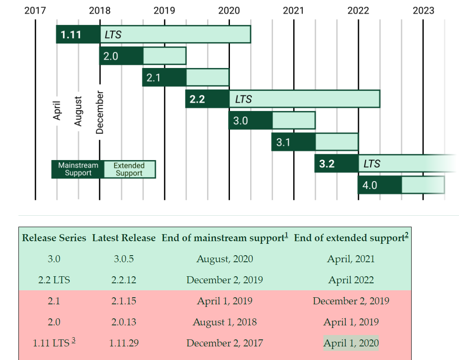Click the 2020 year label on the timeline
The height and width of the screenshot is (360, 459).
pyautogui.click(x=229, y=10)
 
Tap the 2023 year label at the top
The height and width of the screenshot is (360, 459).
pyautogui.click(x=423, y=10)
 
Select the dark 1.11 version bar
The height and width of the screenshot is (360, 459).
pyautogui.click(x=78, y=34)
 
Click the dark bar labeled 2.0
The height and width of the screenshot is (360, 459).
pyautogui.click(x=121, y=56)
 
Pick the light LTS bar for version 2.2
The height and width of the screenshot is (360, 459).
pyautogui.click(x=304, y=99)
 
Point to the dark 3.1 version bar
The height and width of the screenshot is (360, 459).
pyautogui.click(x=293, y=142)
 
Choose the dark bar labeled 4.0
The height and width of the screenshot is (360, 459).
pyautogui.click(x=380, y=185)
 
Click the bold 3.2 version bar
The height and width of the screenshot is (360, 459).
pyautogui.click(x=336, y=164)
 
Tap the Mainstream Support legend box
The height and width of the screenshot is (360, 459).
pyautogui.click(x=78, y=169)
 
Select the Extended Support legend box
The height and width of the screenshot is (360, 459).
pyautogui.click(x=129, y=169)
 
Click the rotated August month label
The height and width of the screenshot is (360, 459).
pyautogui.click(x=78, y=111)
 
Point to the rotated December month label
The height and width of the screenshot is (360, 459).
pyautogui.click(x=100, y=112)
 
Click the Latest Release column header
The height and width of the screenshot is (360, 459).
pyautogui.click(x=124, y=238)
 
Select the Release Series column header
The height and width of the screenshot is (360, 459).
pyautogui.click(x=54, y=238)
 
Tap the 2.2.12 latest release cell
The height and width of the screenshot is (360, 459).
pyautogui.click(x=124, y=280)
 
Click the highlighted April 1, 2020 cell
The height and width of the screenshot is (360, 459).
pyautogui.click(x=351, y=343)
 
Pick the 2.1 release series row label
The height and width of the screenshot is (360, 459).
pyautogui.click(x=54, y=301)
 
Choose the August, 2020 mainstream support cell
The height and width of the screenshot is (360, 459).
pyautogui.click(x=225, y=259)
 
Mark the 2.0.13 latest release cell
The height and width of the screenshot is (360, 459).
pyautogui.click(x=124, y=322)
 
